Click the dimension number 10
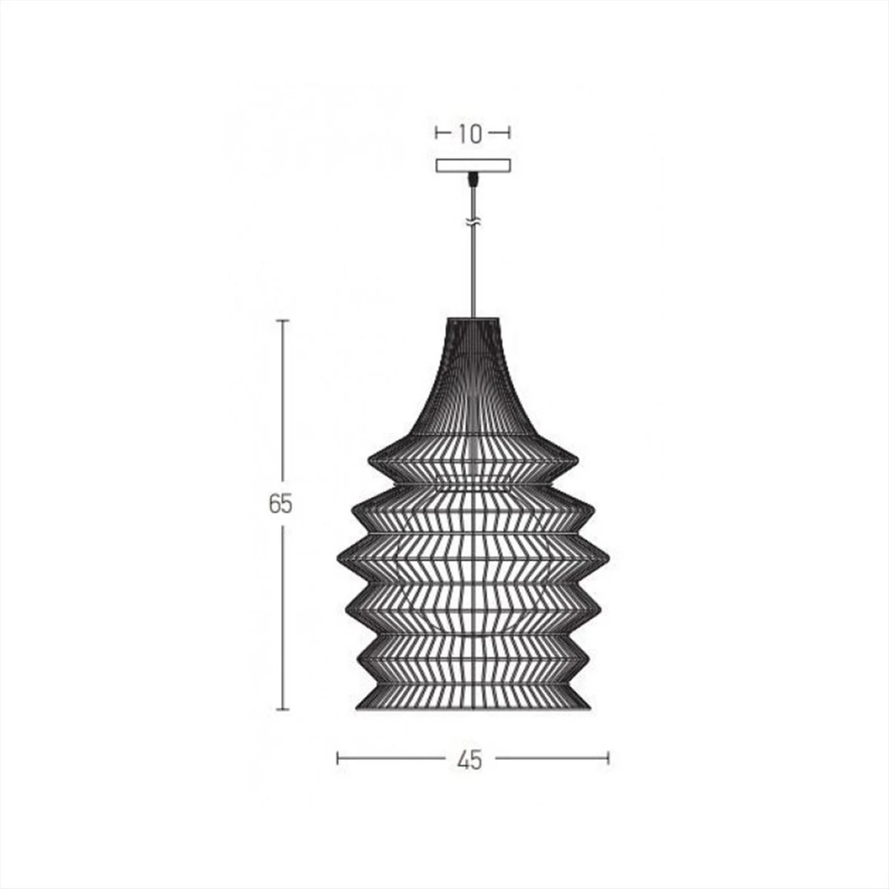470,134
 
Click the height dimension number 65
281,503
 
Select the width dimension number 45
470,759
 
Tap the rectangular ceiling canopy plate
473,166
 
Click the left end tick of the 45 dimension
338,758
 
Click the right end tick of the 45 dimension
608,758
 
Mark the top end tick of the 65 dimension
282,320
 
